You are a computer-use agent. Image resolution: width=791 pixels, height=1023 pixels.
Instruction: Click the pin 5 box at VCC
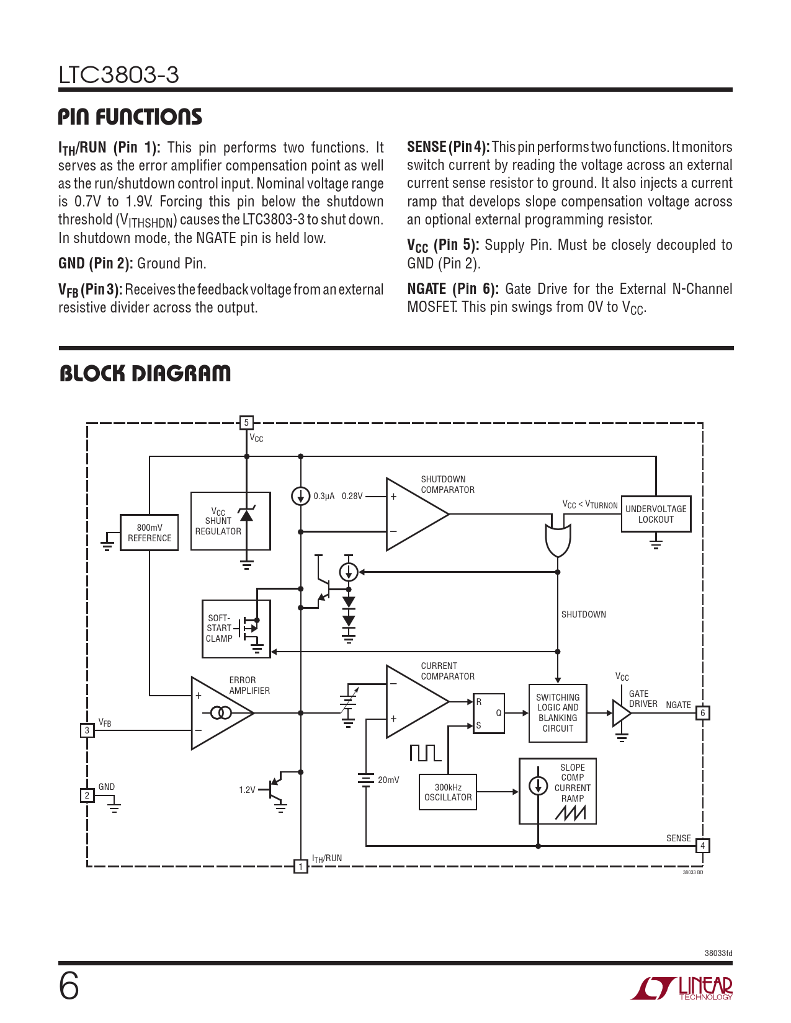(x=246, y=423)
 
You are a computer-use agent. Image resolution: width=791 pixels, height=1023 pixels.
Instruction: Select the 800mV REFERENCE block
(x=150, y=533)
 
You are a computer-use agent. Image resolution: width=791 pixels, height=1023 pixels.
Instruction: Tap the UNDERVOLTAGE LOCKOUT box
(x=656, y=514)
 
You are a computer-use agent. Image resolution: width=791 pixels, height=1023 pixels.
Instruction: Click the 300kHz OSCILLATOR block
(x=448, y=792)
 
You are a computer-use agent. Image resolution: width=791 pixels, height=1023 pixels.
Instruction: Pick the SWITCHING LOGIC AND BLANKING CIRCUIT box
(x=558, y=713)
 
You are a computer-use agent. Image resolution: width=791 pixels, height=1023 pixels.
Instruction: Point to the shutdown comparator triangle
(x=413, y=514)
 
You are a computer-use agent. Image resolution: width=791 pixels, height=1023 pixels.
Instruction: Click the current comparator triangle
(x=413, y=701)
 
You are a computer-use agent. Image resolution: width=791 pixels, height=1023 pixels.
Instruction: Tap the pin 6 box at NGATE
(x=703, y=713)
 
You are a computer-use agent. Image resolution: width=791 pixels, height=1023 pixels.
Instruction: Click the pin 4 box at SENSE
(x=703, y=846)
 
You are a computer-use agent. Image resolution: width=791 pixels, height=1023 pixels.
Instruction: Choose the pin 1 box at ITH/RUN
(x=301, y=866)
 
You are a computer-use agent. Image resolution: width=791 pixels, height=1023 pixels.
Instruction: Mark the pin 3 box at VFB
(x=87, y=730)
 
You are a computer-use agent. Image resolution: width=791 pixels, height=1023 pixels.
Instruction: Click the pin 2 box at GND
(x=87, y=795)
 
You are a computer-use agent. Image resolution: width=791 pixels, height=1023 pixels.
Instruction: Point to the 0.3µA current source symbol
(x=301, y=496)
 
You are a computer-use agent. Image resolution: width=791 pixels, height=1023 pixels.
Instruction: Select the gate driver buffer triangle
(x=621, y=713)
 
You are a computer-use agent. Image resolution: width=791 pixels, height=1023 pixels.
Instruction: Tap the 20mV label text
(x=388, y=780)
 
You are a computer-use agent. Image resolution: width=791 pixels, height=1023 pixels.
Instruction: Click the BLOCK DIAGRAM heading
(x=145, y=373)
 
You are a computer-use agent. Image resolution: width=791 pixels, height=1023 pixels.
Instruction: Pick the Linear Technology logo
(x=682, y=988)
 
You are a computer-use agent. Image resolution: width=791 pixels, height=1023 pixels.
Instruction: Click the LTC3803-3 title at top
(x=118, y=75)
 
